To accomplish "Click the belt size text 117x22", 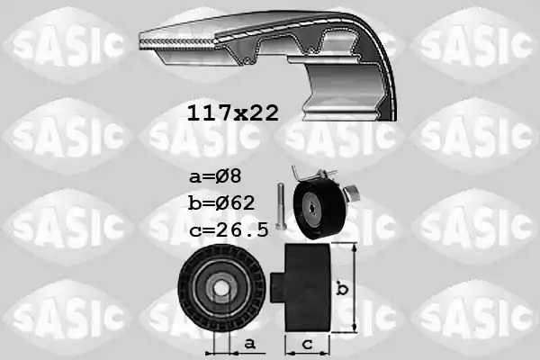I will [x=232, y=113].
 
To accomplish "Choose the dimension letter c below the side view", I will [x=307, y=344].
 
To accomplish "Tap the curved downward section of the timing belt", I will [x=360, y=90].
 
